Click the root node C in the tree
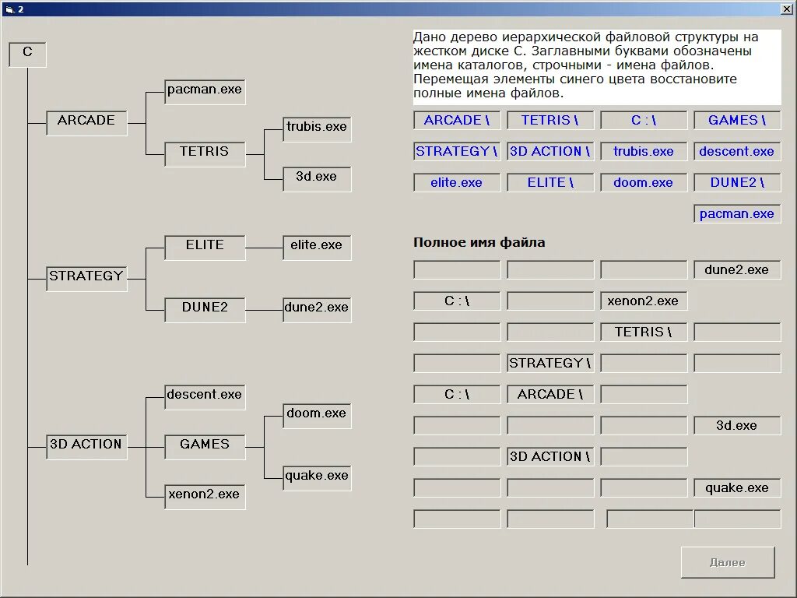[x=27, y=54]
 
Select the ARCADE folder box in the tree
[x=86, y=121]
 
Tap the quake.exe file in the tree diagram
[x=317, y=476]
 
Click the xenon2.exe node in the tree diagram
[x=205, y=494]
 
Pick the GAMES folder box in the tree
[x=205, y=445]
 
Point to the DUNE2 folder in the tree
[x=205, y=308]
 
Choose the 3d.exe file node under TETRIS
[x=317, y=177]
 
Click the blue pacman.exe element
[x=737, y=214]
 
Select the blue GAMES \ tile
[x=737, y=121]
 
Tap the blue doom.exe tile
[x=644, y=183]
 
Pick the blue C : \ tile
[x=644, y=121]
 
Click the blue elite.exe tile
[x=457, y=183]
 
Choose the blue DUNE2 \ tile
[x=737, y=183]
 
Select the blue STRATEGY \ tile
[x=457, y=152]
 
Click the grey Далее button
[x=728, y=562]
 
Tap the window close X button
[x=787, y=9]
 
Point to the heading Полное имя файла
[x=479, y=243]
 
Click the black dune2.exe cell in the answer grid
[x=737, y=270]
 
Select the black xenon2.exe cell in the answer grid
[x=644, y=301]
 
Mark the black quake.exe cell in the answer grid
[x=737, y=488]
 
